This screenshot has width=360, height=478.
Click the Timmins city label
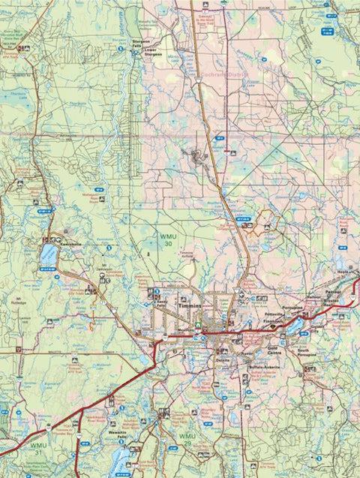(193, 308)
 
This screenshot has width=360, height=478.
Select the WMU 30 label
(168, 239)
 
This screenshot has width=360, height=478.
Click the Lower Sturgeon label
(144, 53)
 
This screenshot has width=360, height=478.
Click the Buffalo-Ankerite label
(263, 366)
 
